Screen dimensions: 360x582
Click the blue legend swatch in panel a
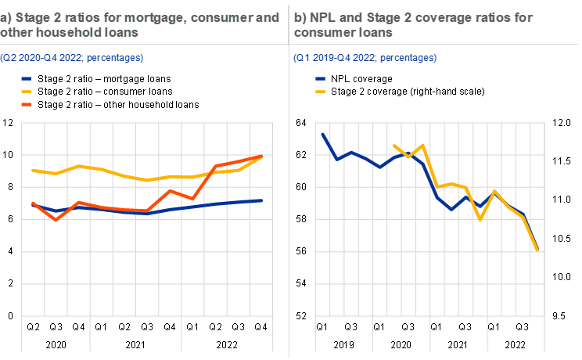pyautogui.click(x=27, y=78)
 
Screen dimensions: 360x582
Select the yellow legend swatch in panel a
pyautogui.click(x=27, y=91)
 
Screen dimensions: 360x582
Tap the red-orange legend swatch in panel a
pyautogui.click(x=27, y=103)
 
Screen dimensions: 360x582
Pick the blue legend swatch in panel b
pyautogui.click(x=320, y=78)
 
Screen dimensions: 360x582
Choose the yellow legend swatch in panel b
pyautogui.click(x=320, y=91)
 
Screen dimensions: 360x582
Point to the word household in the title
pyautogui.click(x=65, y=33)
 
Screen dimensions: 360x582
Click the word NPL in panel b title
pyautogui.click(x=323, y=16)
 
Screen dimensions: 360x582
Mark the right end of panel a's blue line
pyautogui.click(x=262, y=200)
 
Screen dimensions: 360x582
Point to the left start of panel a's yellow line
pyautogui.click(x=32, y=170)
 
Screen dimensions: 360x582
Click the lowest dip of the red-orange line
pyautogui.click(x=56, y=220)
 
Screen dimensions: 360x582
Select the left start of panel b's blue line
pyautogui.click(x=322, y=134)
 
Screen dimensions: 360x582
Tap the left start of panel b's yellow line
pyautogui.click(x=393, y=146)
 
